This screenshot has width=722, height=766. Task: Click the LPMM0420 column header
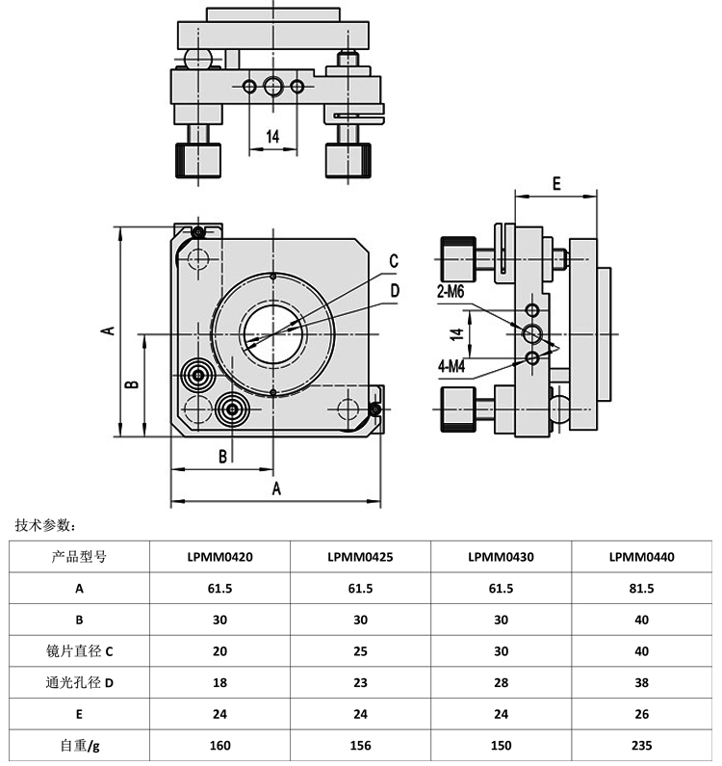coord(219,557)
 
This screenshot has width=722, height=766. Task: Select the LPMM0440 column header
coord(642,557)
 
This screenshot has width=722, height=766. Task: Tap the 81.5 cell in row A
coord(642,589)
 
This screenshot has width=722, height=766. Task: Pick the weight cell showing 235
coord(642,745)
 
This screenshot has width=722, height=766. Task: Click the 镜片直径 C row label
coord(79,651)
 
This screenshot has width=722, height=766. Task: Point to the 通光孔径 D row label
coord(79,683)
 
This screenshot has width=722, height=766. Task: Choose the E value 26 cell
coord(642,714)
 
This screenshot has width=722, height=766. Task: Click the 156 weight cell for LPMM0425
coord(360,745)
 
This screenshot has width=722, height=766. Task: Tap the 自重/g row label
coord(79,745)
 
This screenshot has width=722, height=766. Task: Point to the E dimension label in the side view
coord(556,183)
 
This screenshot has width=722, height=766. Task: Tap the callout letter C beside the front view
coord(394,260)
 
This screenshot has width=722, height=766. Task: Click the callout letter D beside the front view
coord(394,289)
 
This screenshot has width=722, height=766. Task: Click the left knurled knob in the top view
coord(197,160)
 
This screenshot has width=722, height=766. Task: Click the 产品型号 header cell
coord(79,557)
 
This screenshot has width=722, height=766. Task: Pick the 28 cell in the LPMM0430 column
coord(501,683)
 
